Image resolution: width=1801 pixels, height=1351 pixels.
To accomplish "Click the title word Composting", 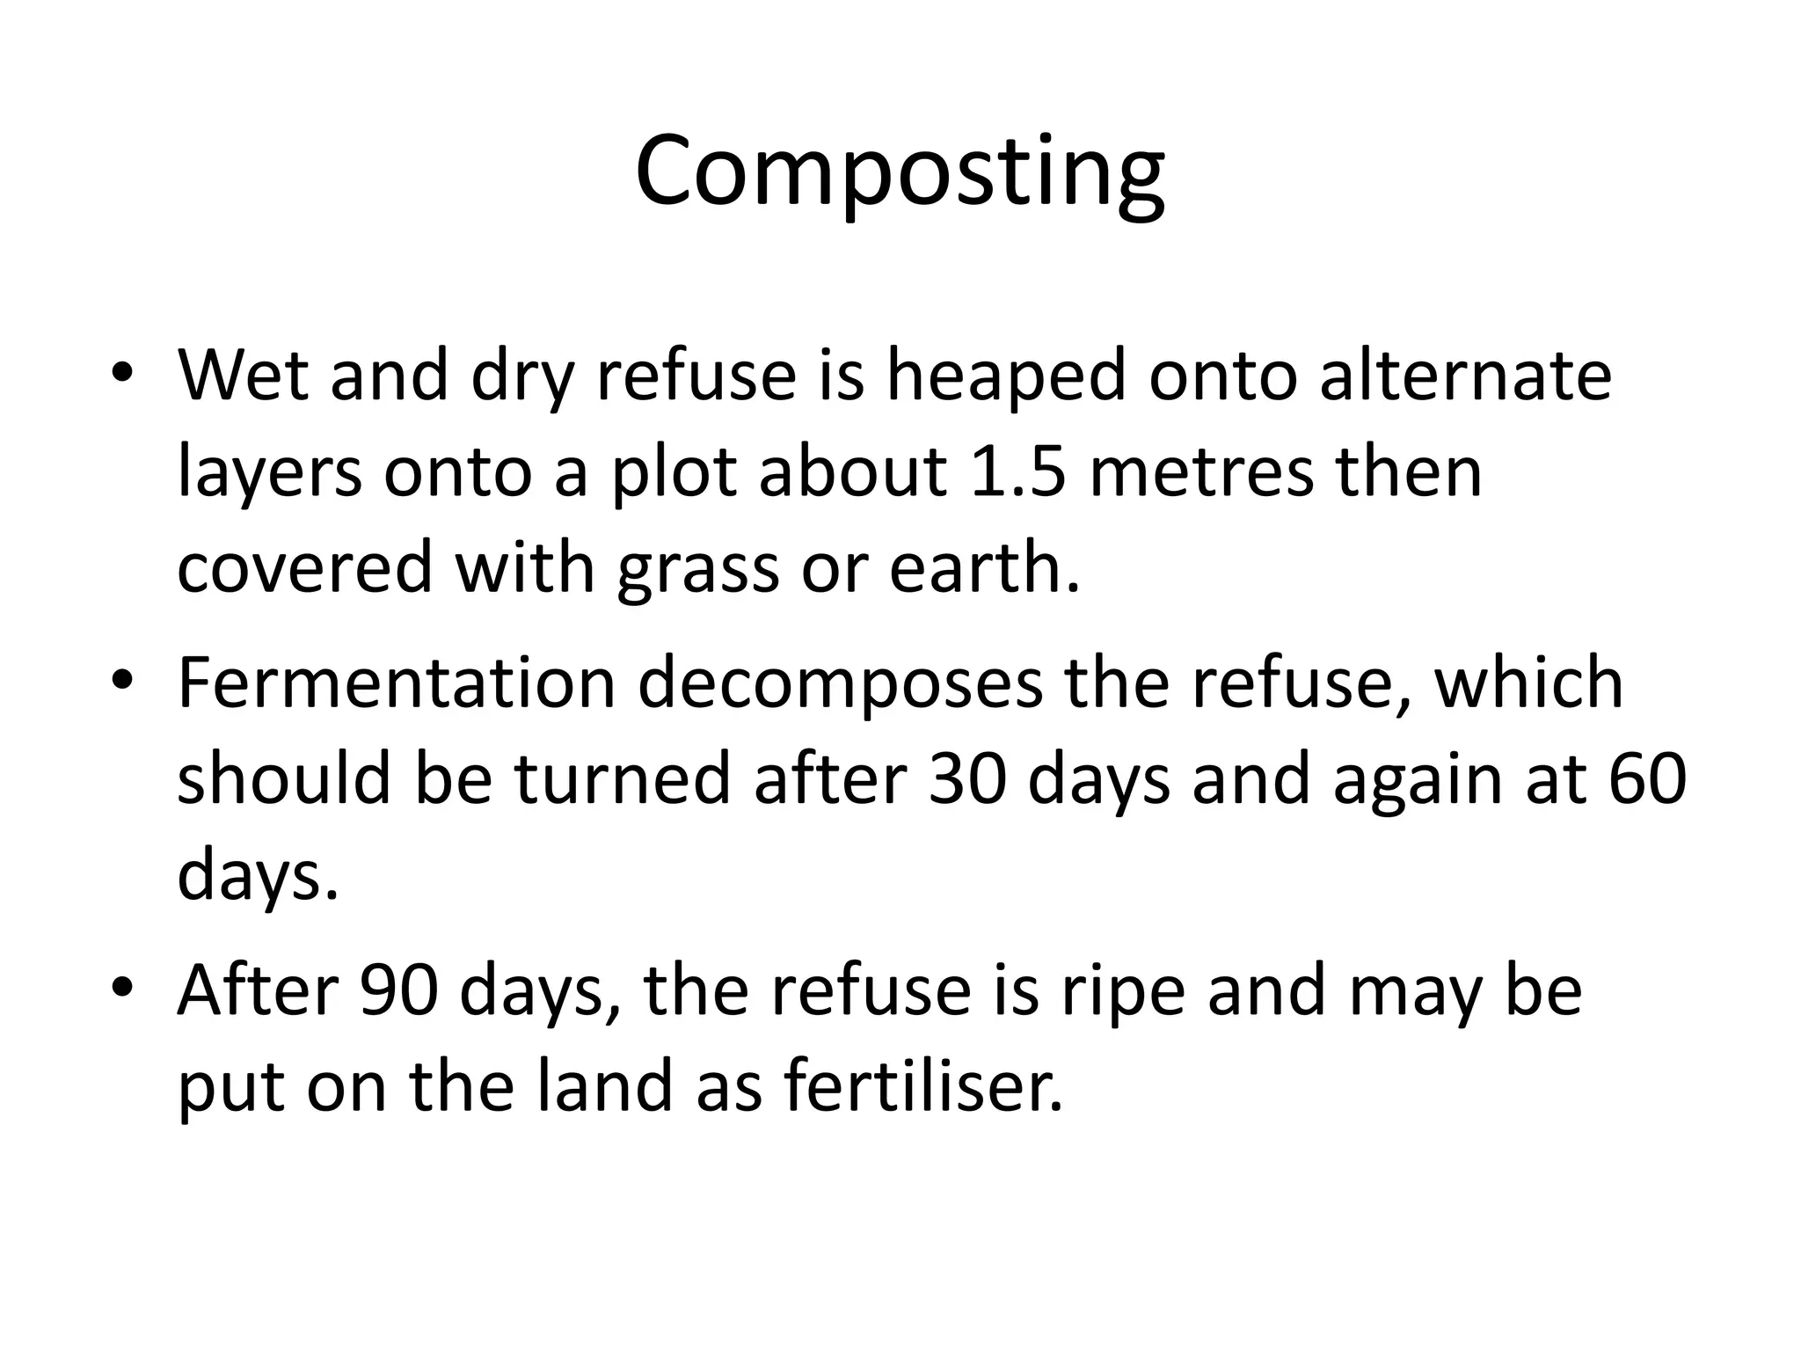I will (x=900, y=172).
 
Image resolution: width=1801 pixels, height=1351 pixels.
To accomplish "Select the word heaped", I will (x=1006, y=376).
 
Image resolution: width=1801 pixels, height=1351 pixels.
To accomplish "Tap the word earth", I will (x=984, y=566).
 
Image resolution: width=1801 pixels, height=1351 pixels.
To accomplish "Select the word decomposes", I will (x=840, y=684).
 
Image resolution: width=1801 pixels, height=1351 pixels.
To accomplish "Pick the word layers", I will (x=269, y=473).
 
